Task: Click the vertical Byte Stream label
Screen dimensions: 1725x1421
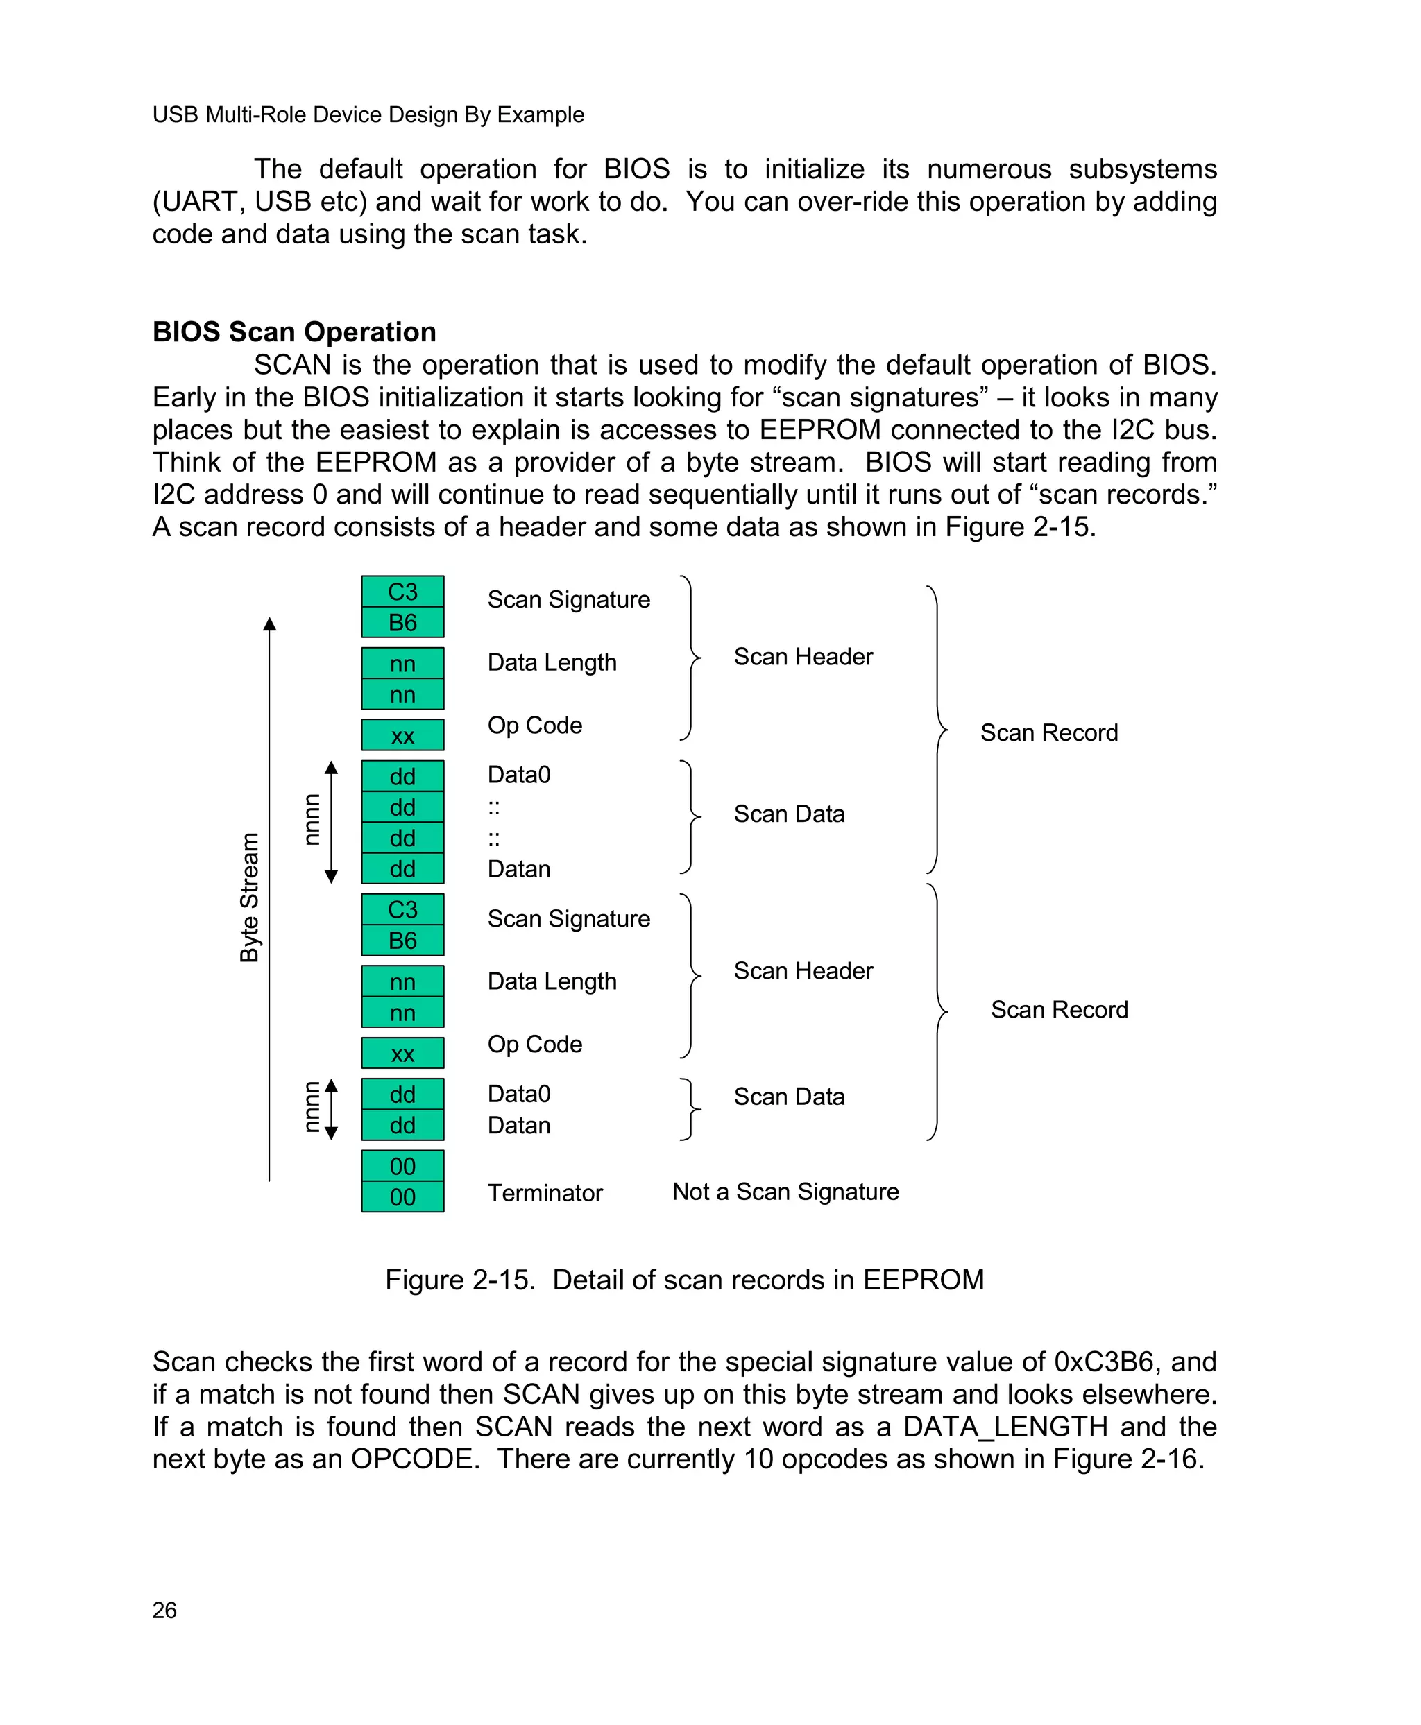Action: click(249, 897)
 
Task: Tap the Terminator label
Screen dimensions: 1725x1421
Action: click(545, 1192)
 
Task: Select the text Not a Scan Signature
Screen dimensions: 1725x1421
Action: click(785, 1192)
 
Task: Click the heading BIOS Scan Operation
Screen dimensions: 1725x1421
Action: click(294, 332)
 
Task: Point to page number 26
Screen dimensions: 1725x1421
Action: click(164, 1610)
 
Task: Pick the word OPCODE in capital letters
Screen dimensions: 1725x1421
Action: click(414, 1459)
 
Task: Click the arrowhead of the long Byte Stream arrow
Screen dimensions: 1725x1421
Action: click(269, 624)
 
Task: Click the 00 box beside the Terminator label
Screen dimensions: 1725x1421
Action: click(402, 1196)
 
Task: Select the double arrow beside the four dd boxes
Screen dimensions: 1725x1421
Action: click(331, 822)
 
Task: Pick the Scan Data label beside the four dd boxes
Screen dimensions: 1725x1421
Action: click(788, 814)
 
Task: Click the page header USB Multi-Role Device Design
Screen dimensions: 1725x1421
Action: click(368, 114)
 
